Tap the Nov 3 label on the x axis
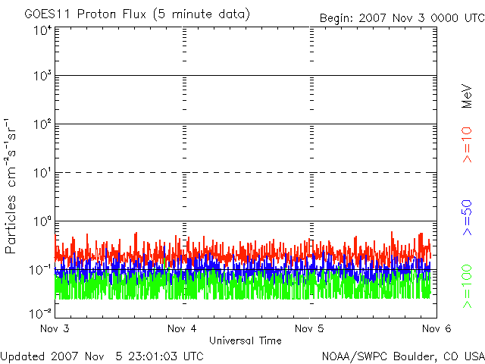(55, 328)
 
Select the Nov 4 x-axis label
(182, 328)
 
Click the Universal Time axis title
(245, 340)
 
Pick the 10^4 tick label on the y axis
(41, 30)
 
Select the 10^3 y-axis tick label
(41, 77)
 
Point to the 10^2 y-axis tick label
(41, 125)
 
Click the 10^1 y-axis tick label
(41, 174)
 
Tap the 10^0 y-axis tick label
(41, 222)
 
